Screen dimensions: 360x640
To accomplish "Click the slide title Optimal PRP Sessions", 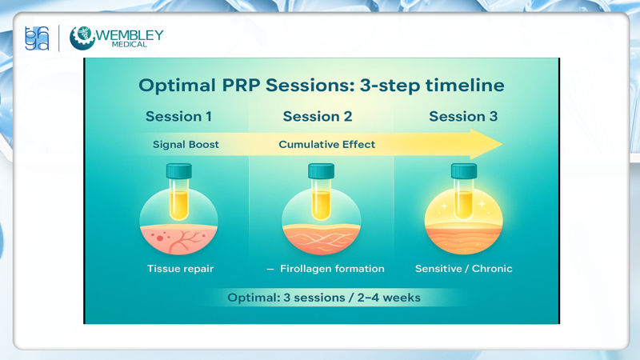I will point(321,85).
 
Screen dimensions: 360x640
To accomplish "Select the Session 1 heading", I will point(178,117).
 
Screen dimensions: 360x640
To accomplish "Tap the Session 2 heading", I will point(318,117).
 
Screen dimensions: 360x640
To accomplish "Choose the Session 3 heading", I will point(463,117).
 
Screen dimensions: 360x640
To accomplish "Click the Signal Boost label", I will point(186,145).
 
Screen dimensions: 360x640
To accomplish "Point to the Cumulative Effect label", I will point(326,145).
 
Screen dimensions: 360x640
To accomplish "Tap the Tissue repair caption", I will point(180,269).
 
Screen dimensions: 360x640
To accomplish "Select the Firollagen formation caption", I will point(331,269).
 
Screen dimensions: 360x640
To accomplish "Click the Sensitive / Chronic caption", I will point(463,269).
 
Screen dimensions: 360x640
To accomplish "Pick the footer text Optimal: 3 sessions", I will point(323,298).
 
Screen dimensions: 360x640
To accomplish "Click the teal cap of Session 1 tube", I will point(179,170).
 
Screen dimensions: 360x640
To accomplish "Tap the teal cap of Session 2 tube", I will point(321,170).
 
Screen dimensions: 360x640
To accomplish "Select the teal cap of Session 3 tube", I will point(464,170).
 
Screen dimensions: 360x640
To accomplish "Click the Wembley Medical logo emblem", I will point(82,38).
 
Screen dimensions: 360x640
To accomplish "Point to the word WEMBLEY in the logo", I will point(130,35).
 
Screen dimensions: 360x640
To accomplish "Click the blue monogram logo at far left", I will point(37,38).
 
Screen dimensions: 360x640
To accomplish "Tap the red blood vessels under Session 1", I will point(179,238).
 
